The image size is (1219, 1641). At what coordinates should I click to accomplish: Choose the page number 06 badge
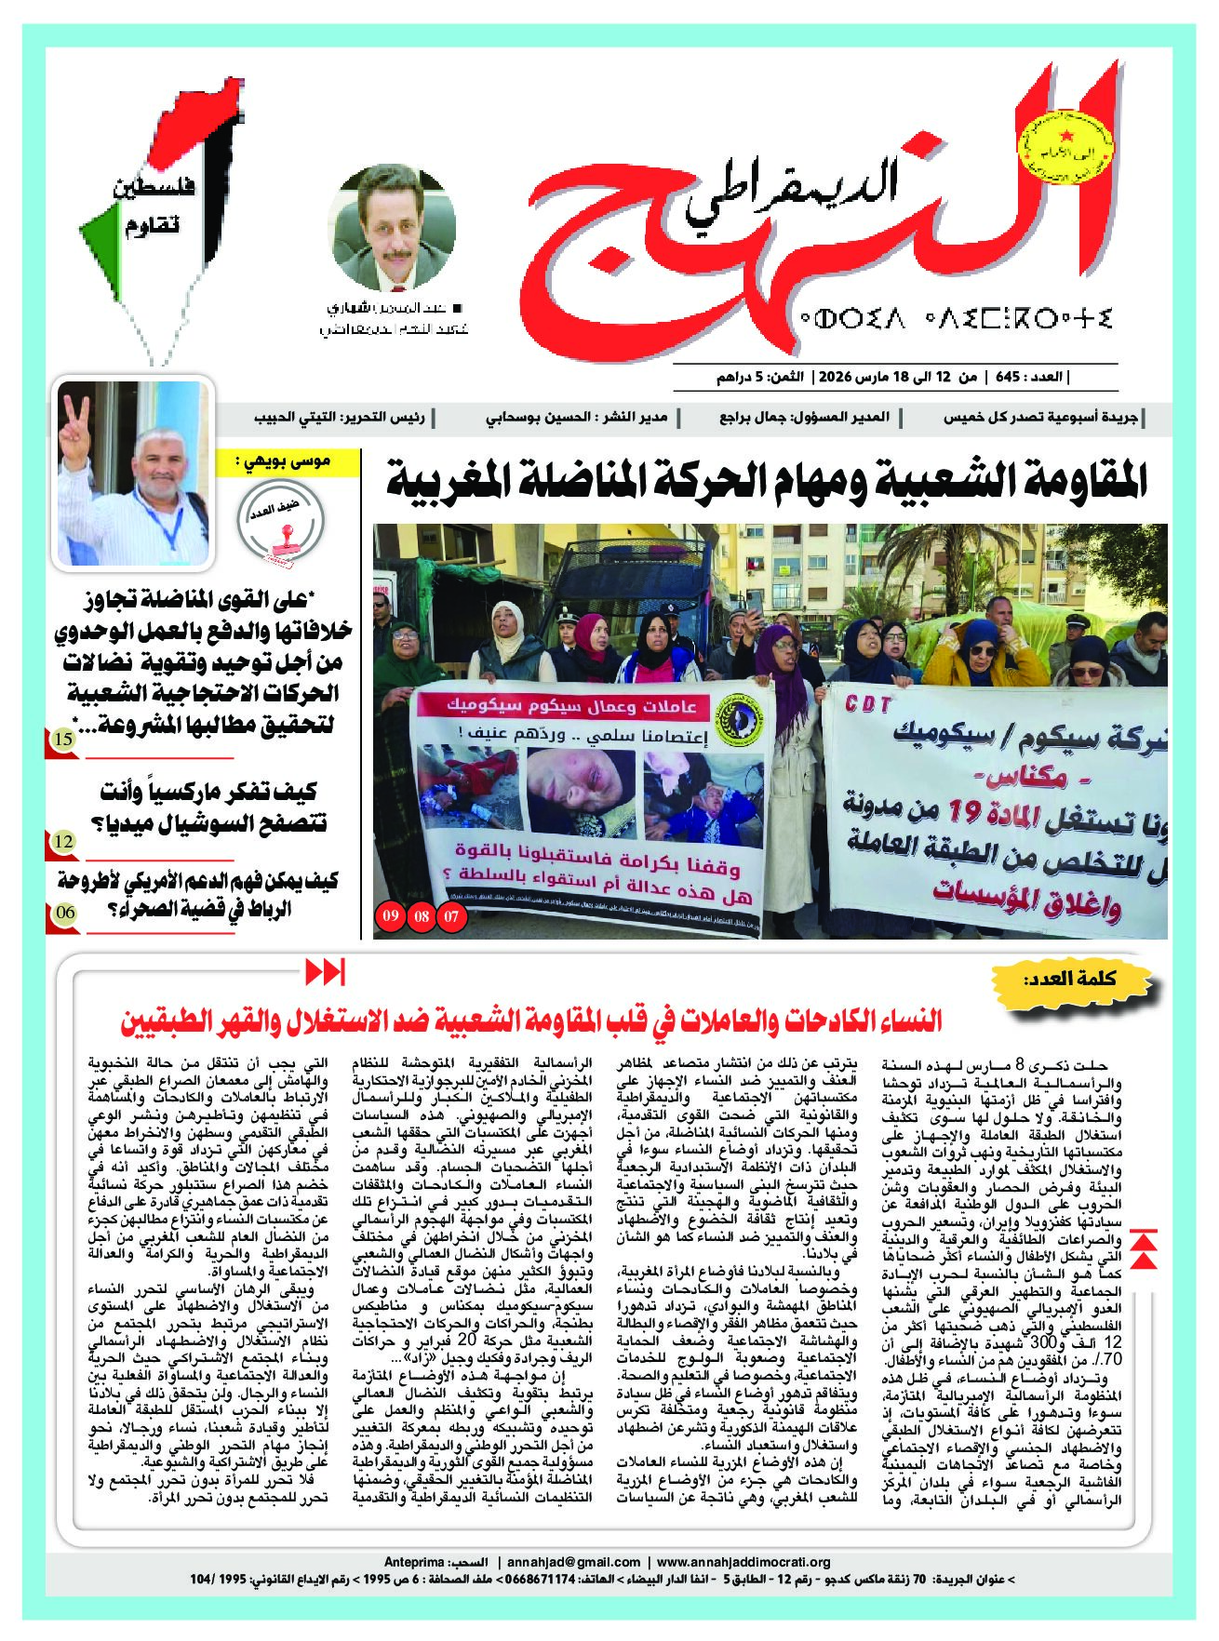pyautogui.click(x=65, y=912)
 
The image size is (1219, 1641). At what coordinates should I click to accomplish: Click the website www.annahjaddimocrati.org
pyautogui.click(x=743, y=1562)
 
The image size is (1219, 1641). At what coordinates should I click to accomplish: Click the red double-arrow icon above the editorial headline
pyautogui.click(x=325, y=973)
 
